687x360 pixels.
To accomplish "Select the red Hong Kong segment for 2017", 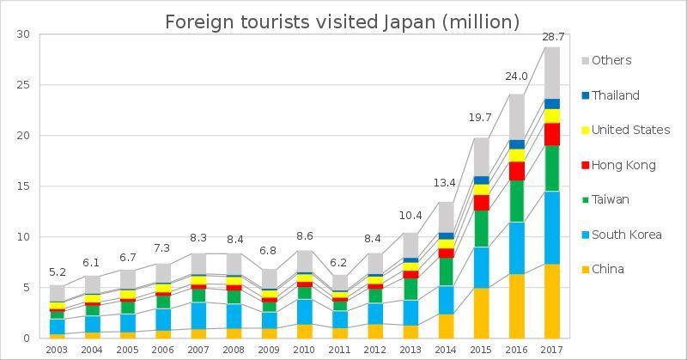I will coord(551,134).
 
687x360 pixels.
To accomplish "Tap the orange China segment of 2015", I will coord(481,312).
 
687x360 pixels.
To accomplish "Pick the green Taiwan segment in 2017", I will coord(551,168).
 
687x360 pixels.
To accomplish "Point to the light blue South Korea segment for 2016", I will coord(516,247).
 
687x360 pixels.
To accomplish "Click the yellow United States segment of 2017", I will coord(551,116).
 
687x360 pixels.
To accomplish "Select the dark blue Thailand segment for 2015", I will coord(481,180).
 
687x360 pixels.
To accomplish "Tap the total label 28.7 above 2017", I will coord(552,37).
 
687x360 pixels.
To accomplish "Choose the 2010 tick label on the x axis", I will coord(304,350).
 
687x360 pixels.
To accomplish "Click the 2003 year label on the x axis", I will coord(57,350).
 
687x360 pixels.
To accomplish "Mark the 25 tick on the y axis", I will coord(23,85).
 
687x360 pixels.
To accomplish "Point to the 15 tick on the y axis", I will coord(23,186).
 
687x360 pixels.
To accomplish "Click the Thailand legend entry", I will coord(615,95).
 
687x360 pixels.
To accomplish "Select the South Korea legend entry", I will coord(625,235).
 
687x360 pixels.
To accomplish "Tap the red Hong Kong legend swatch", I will coord(586,165).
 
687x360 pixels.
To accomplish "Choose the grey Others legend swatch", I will coord(586,61).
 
